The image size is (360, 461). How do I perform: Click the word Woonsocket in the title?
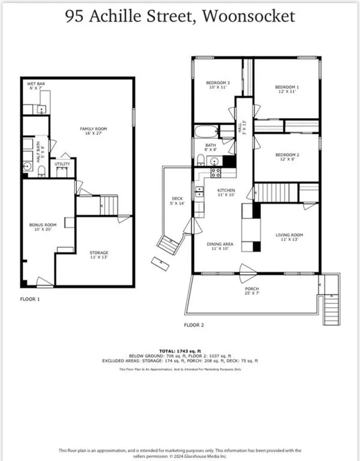(x=248, y=16)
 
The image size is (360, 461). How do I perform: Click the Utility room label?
(x=63, y=164)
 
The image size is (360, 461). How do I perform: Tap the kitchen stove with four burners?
(x=216, y=172)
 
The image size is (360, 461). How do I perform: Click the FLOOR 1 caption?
(x=30, y=298)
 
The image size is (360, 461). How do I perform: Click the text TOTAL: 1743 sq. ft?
(x=180, y=351)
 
